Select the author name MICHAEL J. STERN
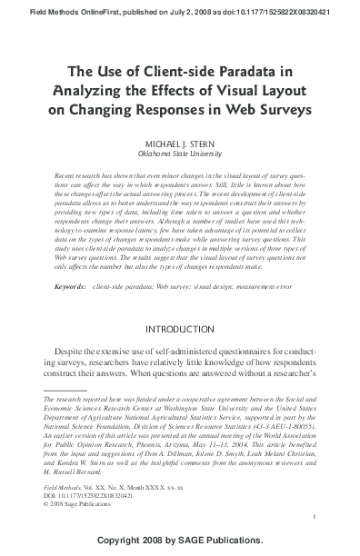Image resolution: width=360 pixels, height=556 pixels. tap(179, 145)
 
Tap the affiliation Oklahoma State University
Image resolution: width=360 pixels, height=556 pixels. tap(179, 155)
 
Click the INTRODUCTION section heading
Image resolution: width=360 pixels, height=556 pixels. tap(179, 328)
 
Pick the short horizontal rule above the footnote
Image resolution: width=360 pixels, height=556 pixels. tap(65, 390)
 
